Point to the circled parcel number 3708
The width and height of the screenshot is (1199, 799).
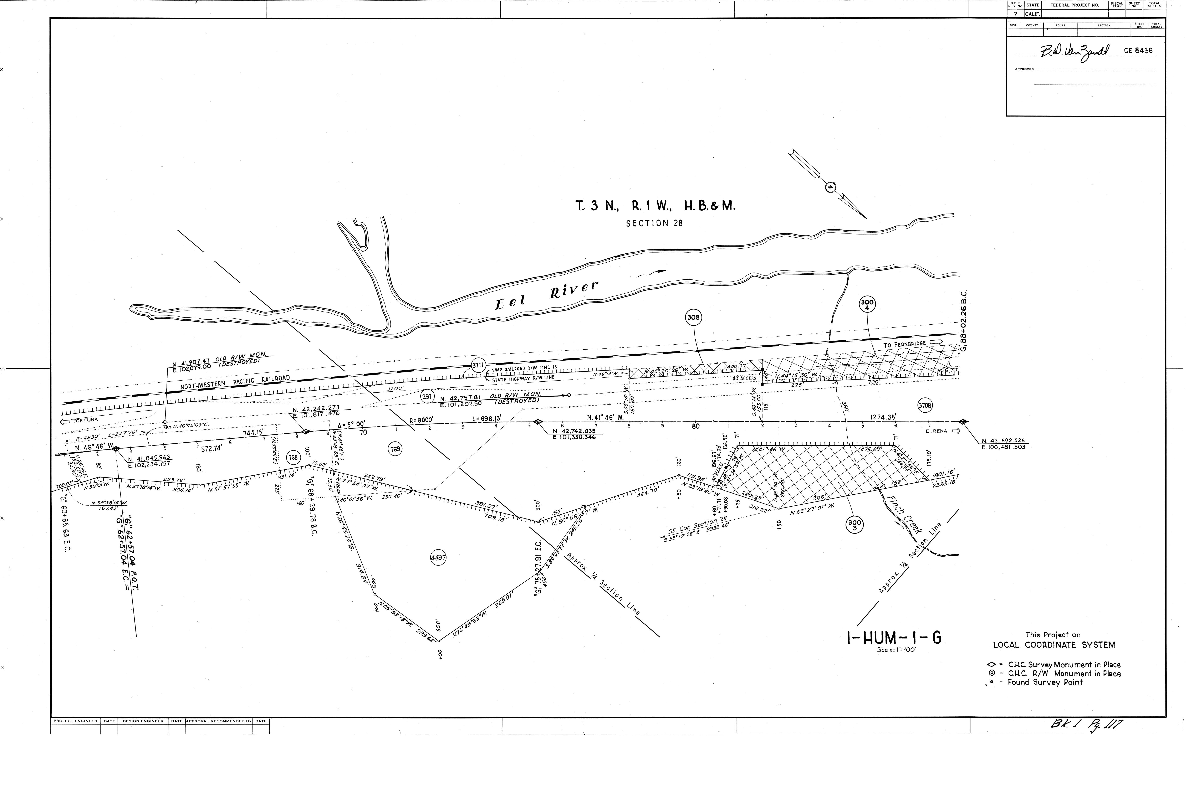[x=925, y=406]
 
